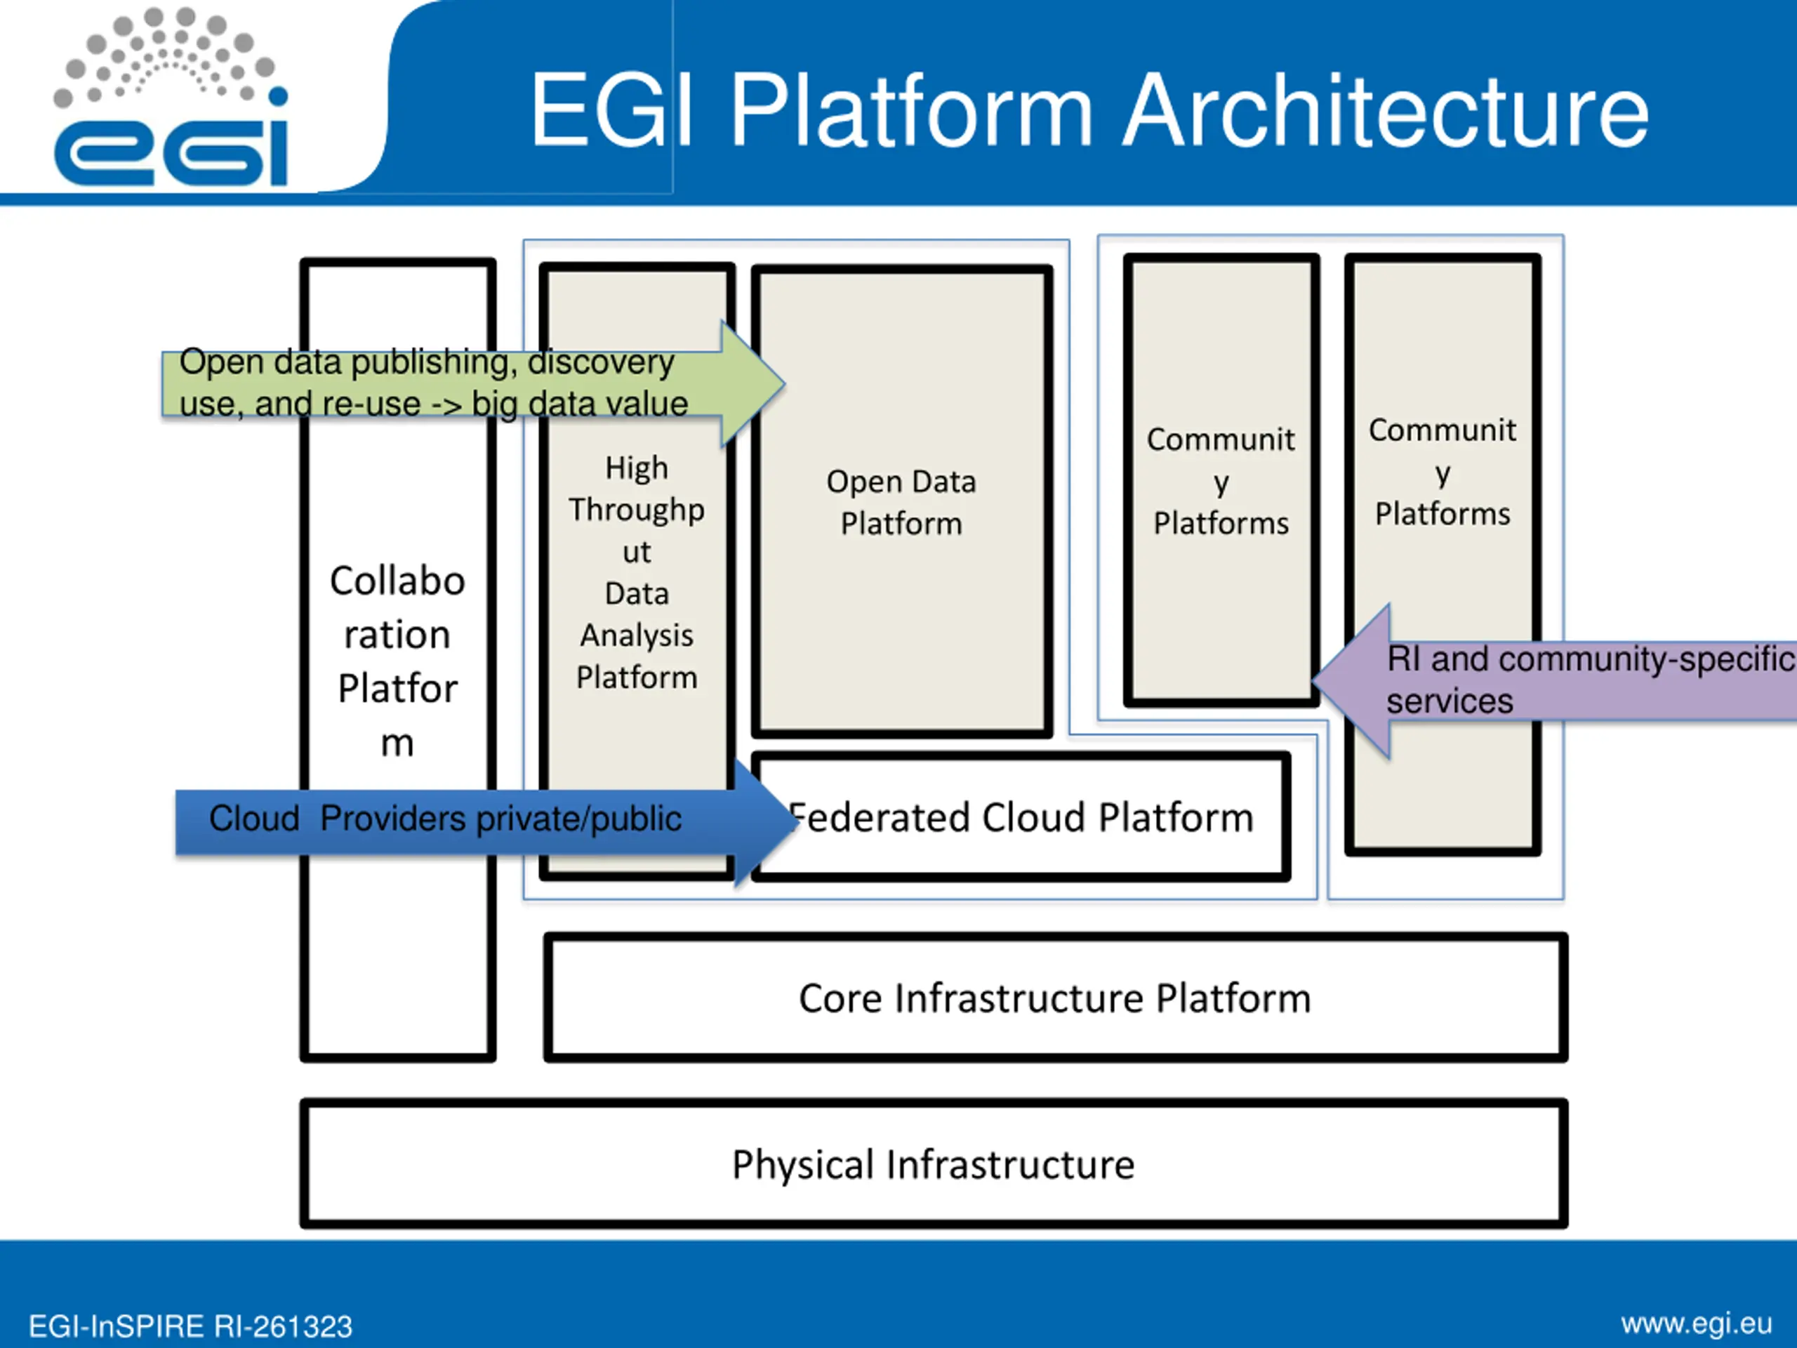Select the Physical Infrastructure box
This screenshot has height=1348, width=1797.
[934, 1163]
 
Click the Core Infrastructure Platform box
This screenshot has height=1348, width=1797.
[1055, 998]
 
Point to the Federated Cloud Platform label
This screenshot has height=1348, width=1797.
[1021, 817]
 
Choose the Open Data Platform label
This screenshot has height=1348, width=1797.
[901, 502]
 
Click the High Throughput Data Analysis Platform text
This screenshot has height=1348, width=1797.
[637, 572]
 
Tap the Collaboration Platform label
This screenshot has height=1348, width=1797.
[397, 661]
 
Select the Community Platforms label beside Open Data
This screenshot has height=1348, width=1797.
[1220, 481]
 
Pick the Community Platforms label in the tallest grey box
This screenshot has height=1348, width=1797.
[1442, 472]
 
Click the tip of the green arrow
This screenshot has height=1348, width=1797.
[784, 383]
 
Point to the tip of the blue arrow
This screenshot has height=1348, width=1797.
[797, 821]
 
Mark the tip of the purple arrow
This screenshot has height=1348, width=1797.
[1313, 681]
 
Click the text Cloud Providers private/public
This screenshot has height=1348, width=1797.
[445, 818]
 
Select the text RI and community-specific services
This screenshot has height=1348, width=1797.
[1591, 680]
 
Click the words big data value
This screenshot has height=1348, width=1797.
[580, 404]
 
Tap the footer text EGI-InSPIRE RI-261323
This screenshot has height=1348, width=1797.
[190, 1327]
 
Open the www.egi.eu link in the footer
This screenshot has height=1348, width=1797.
[1696, 1324]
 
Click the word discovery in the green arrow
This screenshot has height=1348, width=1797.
[601, 362]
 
